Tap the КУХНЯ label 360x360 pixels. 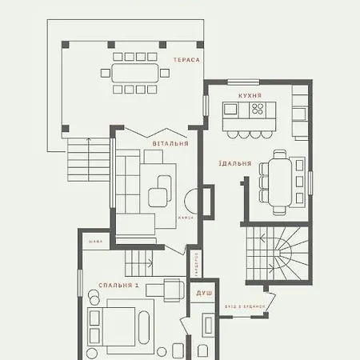(250, 95)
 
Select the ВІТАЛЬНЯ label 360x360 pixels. (170, 144)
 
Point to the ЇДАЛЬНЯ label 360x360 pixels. (234, 163)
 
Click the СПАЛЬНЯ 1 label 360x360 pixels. (119, 286)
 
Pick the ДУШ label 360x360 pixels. (204, 294)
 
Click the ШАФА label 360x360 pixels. (96, 240)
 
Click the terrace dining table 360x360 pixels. (135, 73)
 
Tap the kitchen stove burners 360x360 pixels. (258, 111)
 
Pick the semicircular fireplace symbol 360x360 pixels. (192, 201)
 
